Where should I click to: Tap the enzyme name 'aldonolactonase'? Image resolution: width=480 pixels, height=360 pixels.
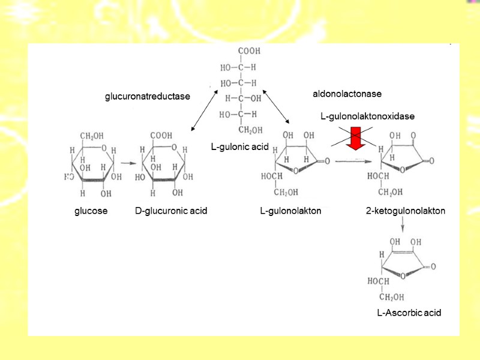[347, 94]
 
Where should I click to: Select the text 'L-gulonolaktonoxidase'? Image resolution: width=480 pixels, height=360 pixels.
[367, 115]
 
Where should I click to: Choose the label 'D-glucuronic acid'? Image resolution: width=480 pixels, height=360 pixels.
[171, 211]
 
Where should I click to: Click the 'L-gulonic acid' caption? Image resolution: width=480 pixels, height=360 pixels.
[240, 146]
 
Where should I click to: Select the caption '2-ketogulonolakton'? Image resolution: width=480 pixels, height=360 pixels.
[406, 211]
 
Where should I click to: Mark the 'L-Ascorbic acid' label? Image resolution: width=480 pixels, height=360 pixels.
[409, 313]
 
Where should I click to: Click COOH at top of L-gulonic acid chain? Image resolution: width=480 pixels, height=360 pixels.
[248, 51]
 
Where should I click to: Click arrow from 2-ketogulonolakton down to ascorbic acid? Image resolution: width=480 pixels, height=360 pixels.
[403, 226]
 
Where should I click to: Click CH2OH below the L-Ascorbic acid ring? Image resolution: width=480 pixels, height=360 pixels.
[391, 298]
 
